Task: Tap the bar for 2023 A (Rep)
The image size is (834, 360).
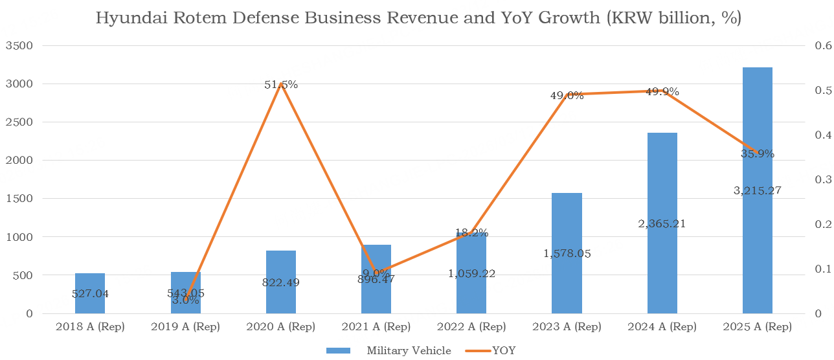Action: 567,253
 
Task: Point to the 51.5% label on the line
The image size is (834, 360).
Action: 281,85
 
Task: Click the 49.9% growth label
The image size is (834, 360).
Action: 662,92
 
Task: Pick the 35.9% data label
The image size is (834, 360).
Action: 758,154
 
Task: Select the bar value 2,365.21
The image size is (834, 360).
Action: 662,224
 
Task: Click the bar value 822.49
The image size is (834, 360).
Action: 281,282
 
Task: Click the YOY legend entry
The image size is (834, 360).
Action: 504,351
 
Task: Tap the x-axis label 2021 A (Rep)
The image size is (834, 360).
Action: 376,327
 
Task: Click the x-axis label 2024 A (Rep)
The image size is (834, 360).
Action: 662,327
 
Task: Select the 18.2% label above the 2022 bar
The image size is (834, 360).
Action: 471,233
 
